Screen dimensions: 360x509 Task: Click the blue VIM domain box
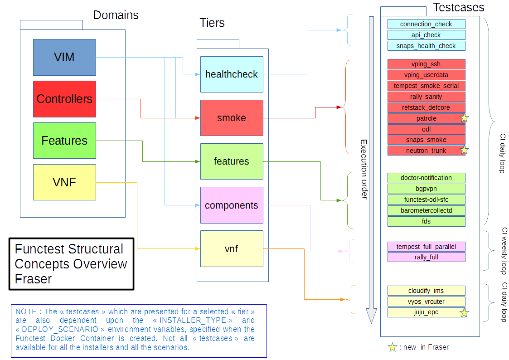coord(64,57)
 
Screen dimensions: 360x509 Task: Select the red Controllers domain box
coord(64,99)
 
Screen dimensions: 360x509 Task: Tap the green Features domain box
coord(64,141)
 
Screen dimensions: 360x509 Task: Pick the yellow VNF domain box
coord(64,182)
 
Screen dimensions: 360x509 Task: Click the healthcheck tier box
coord(232,74)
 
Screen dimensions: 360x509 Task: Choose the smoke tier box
coord(232,118)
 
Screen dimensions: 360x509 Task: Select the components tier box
coord(232,205)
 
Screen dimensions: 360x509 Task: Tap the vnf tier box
coord(232,248)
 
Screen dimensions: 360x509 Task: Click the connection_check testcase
coord(426,24)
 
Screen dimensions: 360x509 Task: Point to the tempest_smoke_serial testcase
coord(426,86)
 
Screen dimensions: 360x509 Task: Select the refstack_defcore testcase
coord(426,107)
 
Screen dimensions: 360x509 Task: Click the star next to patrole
coord(464,118)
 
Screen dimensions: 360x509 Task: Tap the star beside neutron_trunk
coord(464,151)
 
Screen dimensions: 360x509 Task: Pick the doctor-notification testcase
coord(426,178)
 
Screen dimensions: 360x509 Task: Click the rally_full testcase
coord(426,257)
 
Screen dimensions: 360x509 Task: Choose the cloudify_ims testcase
coord(426,291)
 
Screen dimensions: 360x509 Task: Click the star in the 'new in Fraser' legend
coord(393,347)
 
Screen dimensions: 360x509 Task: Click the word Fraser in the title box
coord(34,279)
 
